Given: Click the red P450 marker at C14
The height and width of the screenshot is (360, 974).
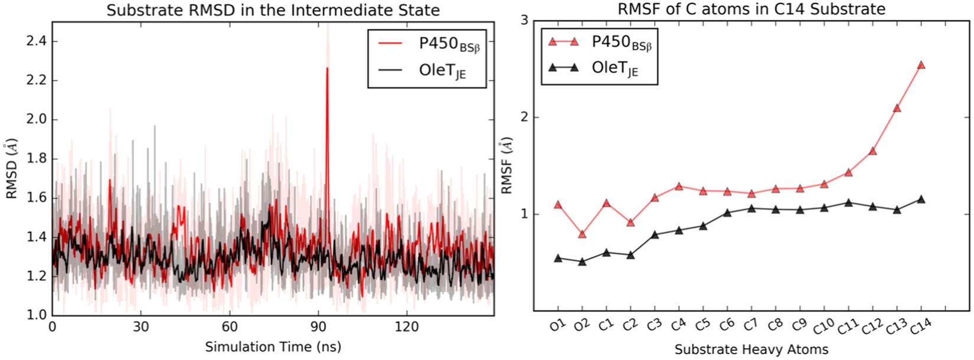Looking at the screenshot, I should pyautogui.click(x=921, y=66).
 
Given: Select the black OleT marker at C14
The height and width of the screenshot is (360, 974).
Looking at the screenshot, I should pyautogui.click(x=921, y=199).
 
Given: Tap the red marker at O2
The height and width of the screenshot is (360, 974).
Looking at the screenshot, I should pyautogui.click(x=583, y=234).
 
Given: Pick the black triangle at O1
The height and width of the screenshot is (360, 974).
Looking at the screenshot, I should pyautogui.click(x=558, y=258).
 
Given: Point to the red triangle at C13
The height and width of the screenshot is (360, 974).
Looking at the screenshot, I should pyautogui.click(x=897, y=108).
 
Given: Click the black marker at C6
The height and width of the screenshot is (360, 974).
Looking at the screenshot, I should pyautogui.click(x=727, y=213).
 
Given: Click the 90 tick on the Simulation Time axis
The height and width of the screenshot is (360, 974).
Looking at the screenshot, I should pyautogui.click(x=318, y=327).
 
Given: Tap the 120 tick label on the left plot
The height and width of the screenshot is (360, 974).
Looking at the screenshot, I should pyautogui.click(x=406, y=327).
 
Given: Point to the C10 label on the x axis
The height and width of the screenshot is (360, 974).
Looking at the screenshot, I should pyautogui.click(x=823, y=326).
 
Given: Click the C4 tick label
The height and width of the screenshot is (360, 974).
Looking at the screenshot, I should pyautogui.click(x=678, y=324).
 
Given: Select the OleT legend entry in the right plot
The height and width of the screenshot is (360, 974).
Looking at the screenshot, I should pyautogui.click(x=615, y=68).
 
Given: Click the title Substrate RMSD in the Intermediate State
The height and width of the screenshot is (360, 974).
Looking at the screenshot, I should pyautogui.click(x=273, y=10).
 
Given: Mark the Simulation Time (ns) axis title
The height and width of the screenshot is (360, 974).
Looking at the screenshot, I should pyautogui.click(x=273, y=347).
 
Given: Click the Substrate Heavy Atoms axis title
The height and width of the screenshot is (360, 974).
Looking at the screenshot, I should pyautogui.click(x=751, y=349).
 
